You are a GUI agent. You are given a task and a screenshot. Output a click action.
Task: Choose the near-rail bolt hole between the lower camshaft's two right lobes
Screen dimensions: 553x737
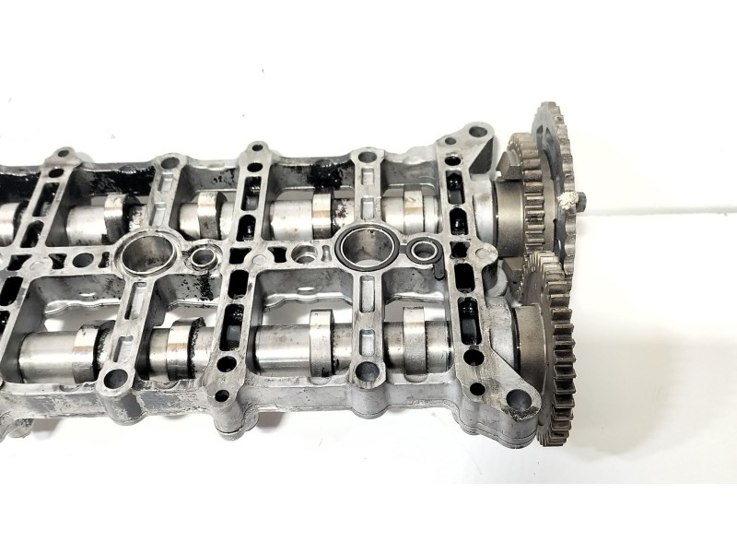point(367,371)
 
